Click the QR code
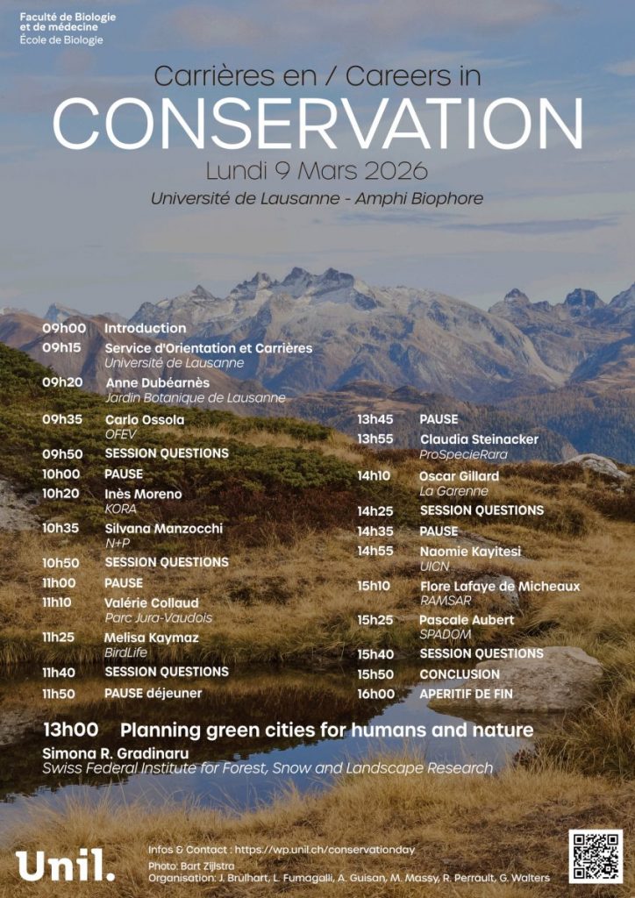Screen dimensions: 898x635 click(596, 856)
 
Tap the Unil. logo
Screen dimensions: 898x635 click(65, 864)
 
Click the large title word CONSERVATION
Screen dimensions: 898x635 click(317, 123)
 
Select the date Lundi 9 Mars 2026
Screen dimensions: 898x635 click(317, 169)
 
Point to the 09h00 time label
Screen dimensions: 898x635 click(64, 328)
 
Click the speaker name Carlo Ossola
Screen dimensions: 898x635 click(145, 419)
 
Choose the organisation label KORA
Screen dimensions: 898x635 click(120, 509)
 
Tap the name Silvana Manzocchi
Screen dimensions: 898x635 click(163, 528)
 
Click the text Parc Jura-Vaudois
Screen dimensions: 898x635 click(158, 617)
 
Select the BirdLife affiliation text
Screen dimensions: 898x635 click(125, 652)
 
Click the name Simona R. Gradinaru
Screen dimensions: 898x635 click(116, 753)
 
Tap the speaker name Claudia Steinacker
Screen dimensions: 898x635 click(479, 438)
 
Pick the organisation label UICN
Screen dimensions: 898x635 click(434, 567)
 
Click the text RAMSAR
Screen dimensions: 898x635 click(446, 601)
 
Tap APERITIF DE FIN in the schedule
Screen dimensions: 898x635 click(466, 694)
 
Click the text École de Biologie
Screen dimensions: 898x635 click(61, 39)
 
